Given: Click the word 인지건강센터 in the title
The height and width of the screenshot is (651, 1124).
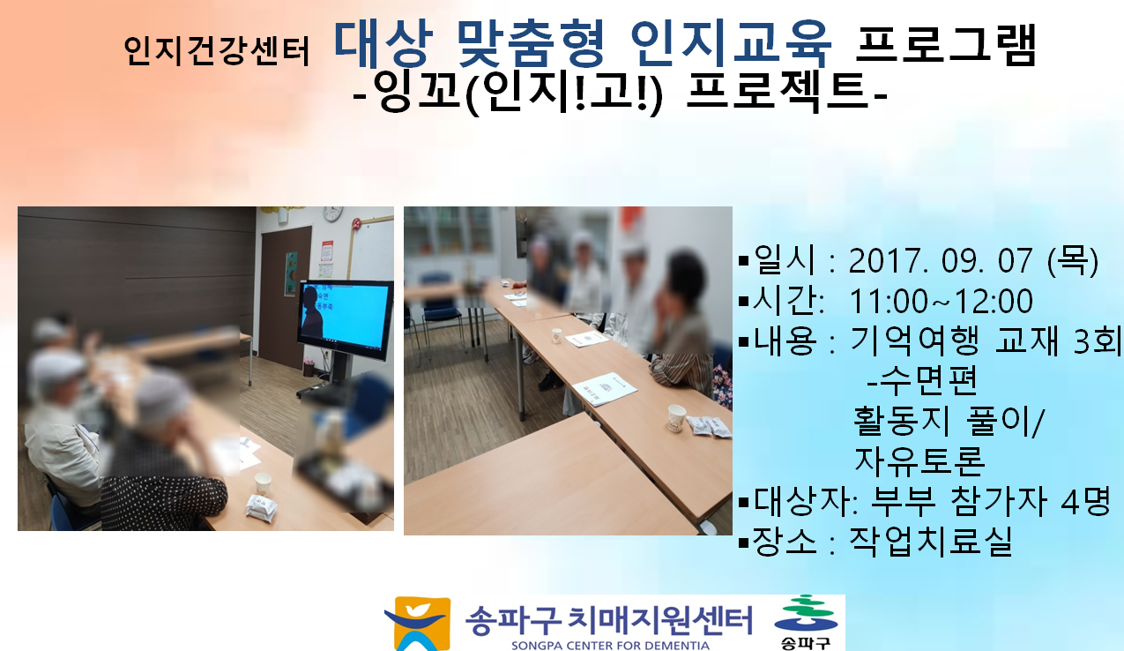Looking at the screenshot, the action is (x=217, y=51).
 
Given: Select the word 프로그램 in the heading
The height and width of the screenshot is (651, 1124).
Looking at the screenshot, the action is (x=947, y=44).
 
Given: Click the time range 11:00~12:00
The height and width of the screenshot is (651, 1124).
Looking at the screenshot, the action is (x=941, y=301).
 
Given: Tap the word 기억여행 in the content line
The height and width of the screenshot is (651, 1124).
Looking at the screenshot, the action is (x=914, y=340).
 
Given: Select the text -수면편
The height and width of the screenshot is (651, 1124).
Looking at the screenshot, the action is (x=921, y=380).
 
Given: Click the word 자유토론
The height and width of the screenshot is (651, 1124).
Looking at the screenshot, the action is (x=919, y=460).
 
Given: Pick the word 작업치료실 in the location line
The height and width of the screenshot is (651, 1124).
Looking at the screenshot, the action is (x=930, y=541).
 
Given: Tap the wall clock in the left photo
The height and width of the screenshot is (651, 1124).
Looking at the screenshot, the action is (x=332, y=213).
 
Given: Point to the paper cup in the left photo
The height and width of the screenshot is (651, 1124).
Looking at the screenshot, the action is (x=263, y=483).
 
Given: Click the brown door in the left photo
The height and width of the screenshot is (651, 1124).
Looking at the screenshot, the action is (x=285, y=297).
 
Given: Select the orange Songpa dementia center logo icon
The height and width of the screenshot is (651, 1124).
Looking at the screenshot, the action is (x=419, y=624).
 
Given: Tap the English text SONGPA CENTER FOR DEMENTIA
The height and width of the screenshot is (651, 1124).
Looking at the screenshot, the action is (x=610, y=645).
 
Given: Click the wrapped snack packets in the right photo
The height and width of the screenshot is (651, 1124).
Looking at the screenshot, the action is (x=709, y=427).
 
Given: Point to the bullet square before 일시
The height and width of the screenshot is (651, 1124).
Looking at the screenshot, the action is (x=743, y=261).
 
